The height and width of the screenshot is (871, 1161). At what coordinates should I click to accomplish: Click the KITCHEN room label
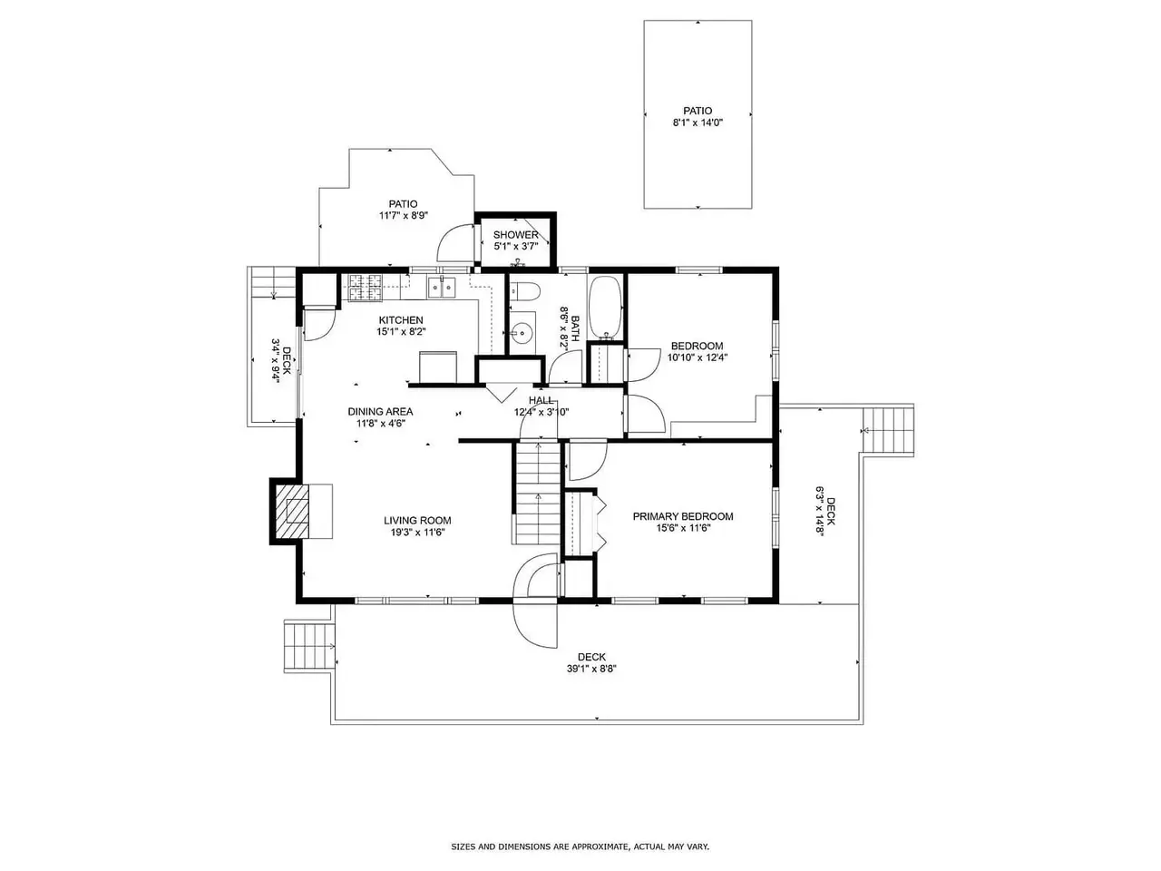[400, 320]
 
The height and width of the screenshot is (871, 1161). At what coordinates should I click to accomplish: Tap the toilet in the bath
[524, 291]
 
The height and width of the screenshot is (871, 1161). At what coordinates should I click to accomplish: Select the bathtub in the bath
[606, 307]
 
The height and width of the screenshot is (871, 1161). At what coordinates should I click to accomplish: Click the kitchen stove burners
[365, 289]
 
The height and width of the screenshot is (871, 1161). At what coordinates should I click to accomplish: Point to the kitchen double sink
[441, 288]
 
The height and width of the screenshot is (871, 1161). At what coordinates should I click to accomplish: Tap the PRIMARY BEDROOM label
[683, 516]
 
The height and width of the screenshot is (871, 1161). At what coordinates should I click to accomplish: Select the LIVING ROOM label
[417, 521]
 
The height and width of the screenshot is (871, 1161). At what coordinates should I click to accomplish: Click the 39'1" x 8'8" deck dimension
[591, 669]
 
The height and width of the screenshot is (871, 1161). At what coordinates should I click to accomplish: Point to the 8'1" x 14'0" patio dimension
[698, 122]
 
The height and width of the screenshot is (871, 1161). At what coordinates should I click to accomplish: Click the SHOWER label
[516, 235]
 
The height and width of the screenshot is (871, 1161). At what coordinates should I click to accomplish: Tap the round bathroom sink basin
[522, 333]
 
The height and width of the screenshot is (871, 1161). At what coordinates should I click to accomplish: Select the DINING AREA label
[380, 411]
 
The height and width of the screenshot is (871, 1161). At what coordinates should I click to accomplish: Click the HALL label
[541, 400]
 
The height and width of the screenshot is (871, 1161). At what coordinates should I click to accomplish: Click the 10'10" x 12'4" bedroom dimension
[698, 357]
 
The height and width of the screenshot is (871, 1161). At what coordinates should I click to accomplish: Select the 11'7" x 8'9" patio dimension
[403, 216]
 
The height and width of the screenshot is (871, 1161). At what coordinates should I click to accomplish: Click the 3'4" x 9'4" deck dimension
[275, 360]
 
